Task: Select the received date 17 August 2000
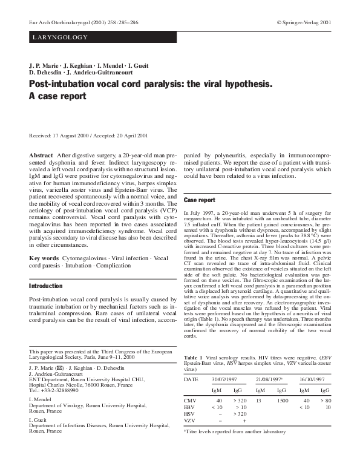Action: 71,136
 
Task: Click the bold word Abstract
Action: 41,156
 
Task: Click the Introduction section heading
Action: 45,286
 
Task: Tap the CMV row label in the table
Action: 189,400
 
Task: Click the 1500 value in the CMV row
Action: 283,400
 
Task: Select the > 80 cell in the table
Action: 326,400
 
